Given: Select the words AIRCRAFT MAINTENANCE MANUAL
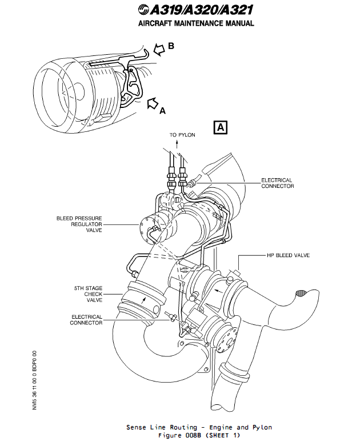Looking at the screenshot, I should click(x=196, y=24).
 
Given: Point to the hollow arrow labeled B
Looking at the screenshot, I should click(x=158, y=49).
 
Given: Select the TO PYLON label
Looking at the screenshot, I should click(x=182, y=135).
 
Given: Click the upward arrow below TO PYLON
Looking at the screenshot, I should click(x=177, y=145).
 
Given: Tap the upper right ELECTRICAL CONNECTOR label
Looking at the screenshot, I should click(x=277, y=183).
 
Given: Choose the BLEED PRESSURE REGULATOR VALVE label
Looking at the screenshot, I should click(x=78, y=224).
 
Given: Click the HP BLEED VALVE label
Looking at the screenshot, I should click(x=288, y=255).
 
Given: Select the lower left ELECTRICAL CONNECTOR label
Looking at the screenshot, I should click(x=86, y=320).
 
